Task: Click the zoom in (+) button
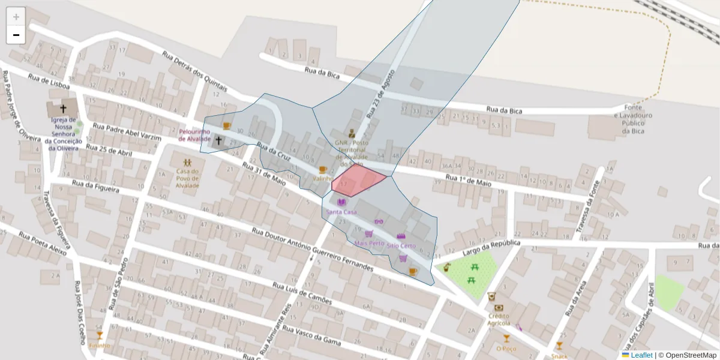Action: [16, 17]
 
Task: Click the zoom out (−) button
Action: [16, 35]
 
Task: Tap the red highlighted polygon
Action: [358, 179]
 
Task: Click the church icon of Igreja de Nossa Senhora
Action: [63, 109]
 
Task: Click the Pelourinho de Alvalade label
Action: [194, 135]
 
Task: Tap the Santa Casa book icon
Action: [342, 202]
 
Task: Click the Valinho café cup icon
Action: [323, 170]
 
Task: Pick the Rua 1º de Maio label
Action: [468, 179]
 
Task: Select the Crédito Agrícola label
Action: [499, 319]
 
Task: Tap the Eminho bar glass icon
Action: [100, 335]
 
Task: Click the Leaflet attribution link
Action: [641, 355]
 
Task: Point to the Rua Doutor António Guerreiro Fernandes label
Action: [312, 250]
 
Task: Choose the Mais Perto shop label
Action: [369, 243]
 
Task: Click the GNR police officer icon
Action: [352, 134]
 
